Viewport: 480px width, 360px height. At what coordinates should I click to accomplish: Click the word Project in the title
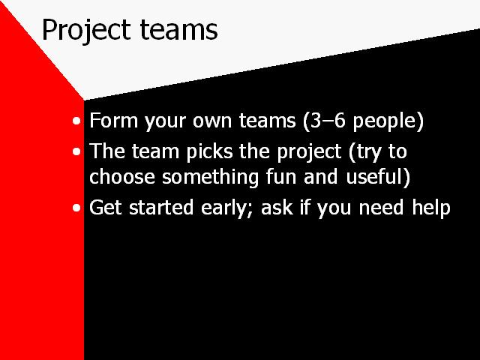coord(86,30)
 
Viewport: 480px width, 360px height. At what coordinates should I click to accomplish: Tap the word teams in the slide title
coord(179,30)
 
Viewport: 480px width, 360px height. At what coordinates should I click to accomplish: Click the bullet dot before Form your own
coord(76,121)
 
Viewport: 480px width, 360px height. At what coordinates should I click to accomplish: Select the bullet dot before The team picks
coord(76,151)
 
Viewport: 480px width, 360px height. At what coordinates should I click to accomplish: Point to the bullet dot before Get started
coord(76,208)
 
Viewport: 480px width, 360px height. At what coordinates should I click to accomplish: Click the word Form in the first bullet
coord(114,120)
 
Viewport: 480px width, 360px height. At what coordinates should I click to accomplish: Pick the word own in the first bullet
coord(211,121)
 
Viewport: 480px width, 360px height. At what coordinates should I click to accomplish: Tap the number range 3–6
coord(328,120)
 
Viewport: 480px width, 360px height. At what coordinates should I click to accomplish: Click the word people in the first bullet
coord(385,122)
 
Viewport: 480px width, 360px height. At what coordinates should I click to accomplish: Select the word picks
coord(210,152)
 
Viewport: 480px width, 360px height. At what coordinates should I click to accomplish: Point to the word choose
coord(122,177)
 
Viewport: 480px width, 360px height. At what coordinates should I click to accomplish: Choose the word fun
coord(280,177)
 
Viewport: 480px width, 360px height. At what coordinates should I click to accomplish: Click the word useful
coord(375,177)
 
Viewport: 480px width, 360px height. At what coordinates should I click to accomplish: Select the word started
coord(161,207)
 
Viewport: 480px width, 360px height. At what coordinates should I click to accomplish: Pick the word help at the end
coord(431,208)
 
